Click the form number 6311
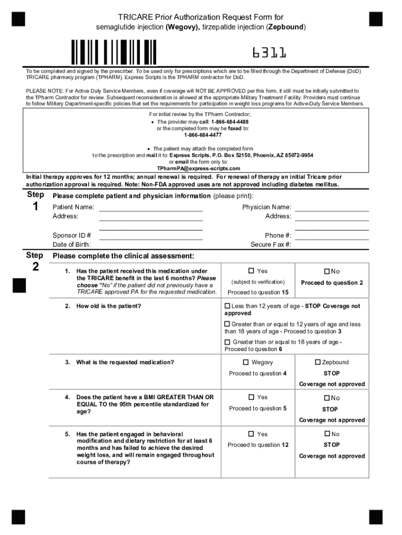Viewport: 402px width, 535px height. (x=269, y=53)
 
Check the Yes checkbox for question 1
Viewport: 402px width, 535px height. (x=251, y=271)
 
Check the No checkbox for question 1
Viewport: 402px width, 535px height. (x=327, y=271)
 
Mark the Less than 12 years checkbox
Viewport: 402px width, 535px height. (x=227, y=306)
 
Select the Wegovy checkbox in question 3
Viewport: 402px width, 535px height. (x=245, y=362)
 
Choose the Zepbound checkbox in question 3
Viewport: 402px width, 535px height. (x=317, y=362)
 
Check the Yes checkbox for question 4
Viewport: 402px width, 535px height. (x=251, y=397)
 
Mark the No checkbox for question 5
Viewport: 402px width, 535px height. (x=327, y=434)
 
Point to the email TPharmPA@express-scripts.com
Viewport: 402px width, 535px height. (x=198, y=169)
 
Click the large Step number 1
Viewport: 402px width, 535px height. (x=35, y=207)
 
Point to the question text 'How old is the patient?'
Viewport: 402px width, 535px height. (x=109, y=306)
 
